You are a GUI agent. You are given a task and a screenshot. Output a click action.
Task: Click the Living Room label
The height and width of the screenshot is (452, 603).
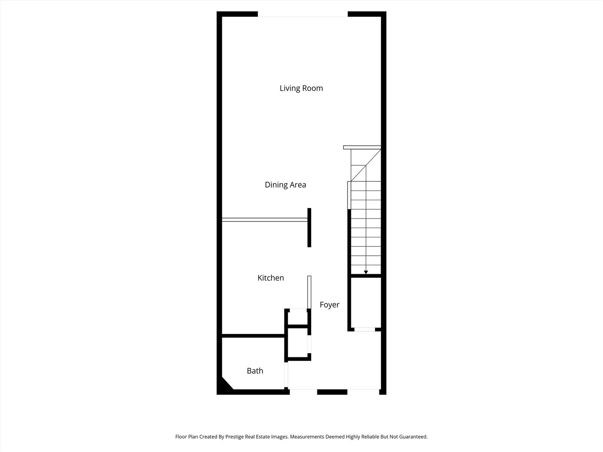pos(301,88)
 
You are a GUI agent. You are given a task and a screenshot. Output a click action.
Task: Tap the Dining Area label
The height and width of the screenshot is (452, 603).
pos(285,185)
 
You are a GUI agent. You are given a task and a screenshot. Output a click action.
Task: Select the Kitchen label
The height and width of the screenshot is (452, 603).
pos(271,278)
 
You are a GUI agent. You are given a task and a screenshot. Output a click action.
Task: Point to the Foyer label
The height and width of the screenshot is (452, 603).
pos(330,305)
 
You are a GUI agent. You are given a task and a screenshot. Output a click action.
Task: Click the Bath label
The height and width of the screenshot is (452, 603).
pos(255,371)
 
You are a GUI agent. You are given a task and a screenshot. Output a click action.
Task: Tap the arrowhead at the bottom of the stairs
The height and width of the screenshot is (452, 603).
pos(366,272)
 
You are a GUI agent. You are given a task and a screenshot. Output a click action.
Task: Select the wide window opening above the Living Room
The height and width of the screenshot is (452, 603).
pos(302,16)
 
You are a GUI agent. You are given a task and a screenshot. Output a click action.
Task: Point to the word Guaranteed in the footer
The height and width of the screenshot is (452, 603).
pos(412,437)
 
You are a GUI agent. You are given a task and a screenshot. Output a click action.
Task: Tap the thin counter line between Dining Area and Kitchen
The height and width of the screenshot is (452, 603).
pos(264,220)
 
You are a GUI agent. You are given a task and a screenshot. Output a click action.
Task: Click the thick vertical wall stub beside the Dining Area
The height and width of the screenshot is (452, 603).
pos(309,227)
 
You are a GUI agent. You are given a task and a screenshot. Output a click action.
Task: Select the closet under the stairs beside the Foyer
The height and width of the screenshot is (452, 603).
pos(366,302)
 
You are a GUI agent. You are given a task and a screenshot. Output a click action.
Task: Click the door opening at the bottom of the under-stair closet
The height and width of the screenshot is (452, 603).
pos(365,329)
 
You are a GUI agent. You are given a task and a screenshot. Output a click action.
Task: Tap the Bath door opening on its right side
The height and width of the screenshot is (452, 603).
pos(287,375)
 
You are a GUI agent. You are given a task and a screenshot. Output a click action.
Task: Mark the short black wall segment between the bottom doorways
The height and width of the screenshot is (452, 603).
pos(332,392)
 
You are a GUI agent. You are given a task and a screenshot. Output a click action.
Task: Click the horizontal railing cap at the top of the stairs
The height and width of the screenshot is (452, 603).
pos(362,147)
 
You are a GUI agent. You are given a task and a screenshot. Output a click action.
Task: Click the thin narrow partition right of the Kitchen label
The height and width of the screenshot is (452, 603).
pos(309,292)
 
